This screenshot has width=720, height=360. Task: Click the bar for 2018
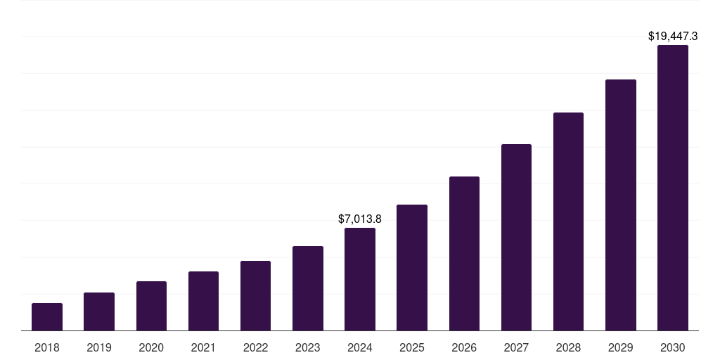coord(47,317)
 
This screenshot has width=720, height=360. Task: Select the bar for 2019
coord(99,311)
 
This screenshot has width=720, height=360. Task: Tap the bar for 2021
coord(203,301)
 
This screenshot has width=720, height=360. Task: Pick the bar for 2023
coord(308,288)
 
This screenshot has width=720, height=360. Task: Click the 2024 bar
coord(360,279)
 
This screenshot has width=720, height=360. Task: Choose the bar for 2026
coord(464,253)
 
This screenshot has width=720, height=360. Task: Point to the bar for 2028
coord(568,221)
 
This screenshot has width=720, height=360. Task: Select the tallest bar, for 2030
coord(673,188)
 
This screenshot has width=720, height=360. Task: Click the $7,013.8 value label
coord(360,219)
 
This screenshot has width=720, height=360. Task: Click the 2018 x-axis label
coord(47,347)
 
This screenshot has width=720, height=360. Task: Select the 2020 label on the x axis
coord(151,347)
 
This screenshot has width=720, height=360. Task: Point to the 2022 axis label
coord(255,347)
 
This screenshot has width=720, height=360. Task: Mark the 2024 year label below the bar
coord(360,347)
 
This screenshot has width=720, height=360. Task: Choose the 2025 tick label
coord(412,347)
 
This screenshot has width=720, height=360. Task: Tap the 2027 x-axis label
coord(516,347)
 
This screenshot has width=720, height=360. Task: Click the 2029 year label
coord(620,347)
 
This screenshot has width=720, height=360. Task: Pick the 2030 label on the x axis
coord(673,347)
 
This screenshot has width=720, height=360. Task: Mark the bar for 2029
coord(620,205)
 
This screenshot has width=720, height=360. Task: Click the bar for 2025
coord(412,267)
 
